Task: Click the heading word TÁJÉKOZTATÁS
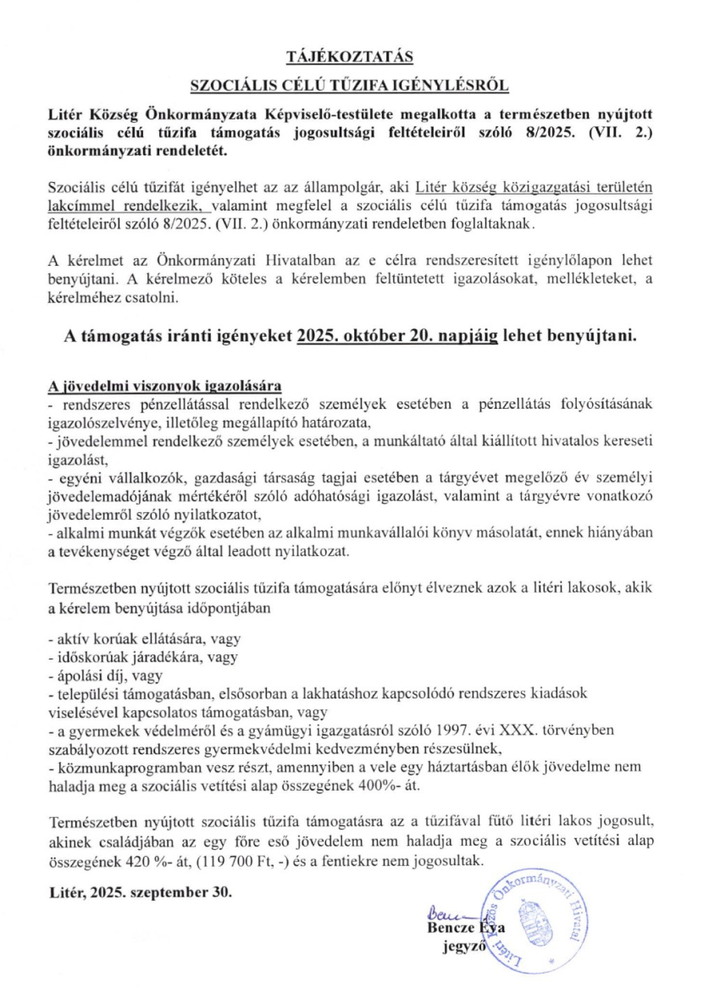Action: point(350,58)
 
